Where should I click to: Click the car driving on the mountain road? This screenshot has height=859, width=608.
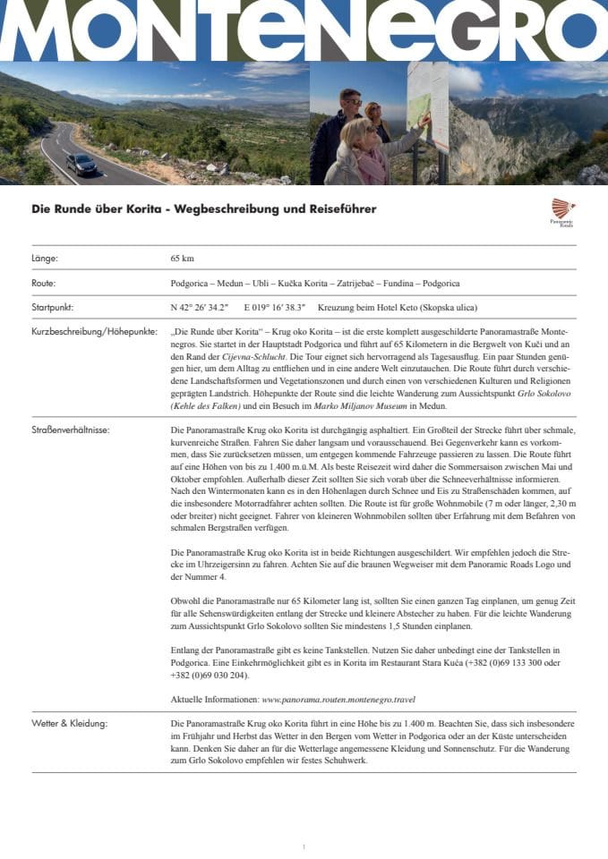tap(81, 164)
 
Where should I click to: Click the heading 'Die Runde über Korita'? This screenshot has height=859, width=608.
tap(203, 209)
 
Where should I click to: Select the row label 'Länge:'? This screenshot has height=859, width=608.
tap(45, 259)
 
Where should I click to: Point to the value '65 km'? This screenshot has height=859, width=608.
tap(182, 259)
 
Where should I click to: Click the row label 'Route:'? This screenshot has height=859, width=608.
tap(44, 283)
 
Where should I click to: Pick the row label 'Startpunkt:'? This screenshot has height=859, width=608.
tap(52, 307)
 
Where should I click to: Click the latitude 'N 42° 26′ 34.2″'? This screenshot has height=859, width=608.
tap(200, 307)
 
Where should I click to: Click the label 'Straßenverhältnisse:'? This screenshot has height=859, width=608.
tap(70, 430)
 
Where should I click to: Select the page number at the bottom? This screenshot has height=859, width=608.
tap(304, 846)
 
